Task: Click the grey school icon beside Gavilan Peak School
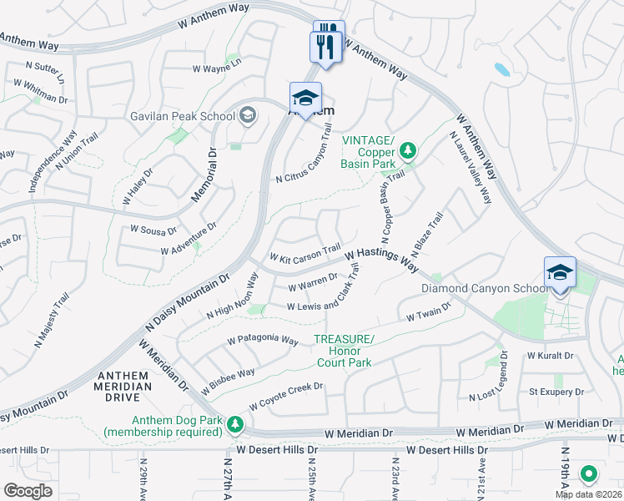pyautogui.click(x=248, y=115)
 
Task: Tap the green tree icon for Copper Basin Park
pyautogui.click(x=407, y=151)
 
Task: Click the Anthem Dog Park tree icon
pyautogui.click(x=236, y=425)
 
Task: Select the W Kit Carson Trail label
pyautogui.click(x=304, y=251)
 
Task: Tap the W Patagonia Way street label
pyautogui.click(x=263, y=342)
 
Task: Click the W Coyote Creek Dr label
pyautogui.click(x=284, y=392)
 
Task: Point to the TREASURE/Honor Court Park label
pyautogui.click(x=344, y=351)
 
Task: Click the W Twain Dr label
pyautogui.click(x=428, y=311)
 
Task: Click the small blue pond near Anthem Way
pyautogui.click(x=502, y=69)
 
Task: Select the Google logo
pyautogui.click(x=28, y=490)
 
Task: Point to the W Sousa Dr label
pyautogui.click(x=153, y=229)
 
